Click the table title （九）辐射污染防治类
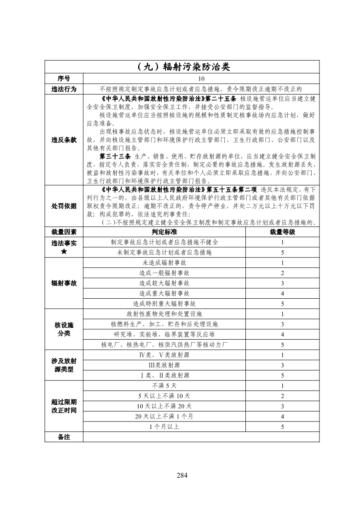pos(182,67)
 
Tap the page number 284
pos(182,475)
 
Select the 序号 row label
pos(64,78)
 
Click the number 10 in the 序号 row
pos(201,79)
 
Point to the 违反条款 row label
pos(64,140)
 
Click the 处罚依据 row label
pos(64,206)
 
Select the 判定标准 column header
pos(164,232)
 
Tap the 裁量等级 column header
pos(282,232)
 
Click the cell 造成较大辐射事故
pos(164,283)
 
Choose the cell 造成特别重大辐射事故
pos(164,303)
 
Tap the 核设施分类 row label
pos(64,329)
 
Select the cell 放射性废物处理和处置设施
pos(164,314)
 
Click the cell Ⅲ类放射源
pos(164,365)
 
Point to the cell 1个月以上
pos(164,426)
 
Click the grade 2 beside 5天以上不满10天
pos(282,396)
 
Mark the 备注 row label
pos(64,436)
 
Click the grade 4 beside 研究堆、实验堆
pos(282,334)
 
